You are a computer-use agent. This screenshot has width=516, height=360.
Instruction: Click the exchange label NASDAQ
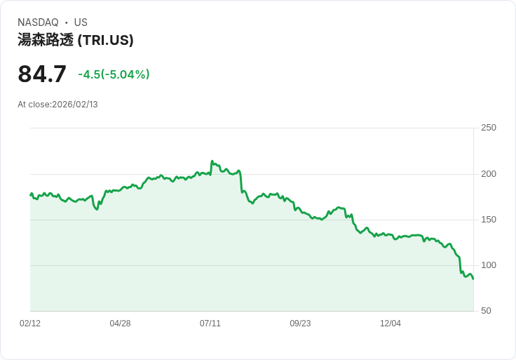[x=38, y=22]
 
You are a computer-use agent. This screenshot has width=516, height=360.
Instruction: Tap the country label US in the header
[x=81, y=22]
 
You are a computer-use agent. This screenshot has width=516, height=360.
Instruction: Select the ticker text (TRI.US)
[x=105, y=40]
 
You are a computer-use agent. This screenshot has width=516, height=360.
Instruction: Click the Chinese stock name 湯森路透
[x=46, y=40]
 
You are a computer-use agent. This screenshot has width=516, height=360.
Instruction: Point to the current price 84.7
[x=42, y=74]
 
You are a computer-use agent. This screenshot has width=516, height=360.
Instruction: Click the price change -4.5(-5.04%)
[x=114, y=74]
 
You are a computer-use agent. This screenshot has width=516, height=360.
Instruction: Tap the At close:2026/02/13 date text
[x=57, y=105]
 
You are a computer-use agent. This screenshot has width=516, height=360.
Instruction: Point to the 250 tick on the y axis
[x=488, y=128]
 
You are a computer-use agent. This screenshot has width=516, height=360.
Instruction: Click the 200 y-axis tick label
[x=488, y=174]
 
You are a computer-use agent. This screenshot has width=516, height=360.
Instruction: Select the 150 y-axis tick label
[x=488, y=220]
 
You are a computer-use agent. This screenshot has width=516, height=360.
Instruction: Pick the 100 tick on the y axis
[x=488, y=265]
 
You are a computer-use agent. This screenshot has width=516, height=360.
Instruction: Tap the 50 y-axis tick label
[x=486, y=311]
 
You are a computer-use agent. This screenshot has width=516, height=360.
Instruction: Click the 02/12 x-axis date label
[x=30, y=324]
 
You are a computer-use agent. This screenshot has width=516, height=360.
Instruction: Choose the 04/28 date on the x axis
[x=120, y=324]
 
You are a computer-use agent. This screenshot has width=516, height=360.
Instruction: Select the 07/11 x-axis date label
[x=210, y=324]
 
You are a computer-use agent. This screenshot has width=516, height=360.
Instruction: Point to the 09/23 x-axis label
[x=300, y=324]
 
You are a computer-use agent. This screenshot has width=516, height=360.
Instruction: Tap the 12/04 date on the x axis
[x=391, y=324]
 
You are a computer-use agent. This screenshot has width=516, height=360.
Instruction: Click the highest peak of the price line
[x=212, y=161]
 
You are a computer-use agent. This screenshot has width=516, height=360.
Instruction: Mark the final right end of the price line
[x=473, y=279]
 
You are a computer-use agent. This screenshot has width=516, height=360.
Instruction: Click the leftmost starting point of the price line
[x=30, y=195]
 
